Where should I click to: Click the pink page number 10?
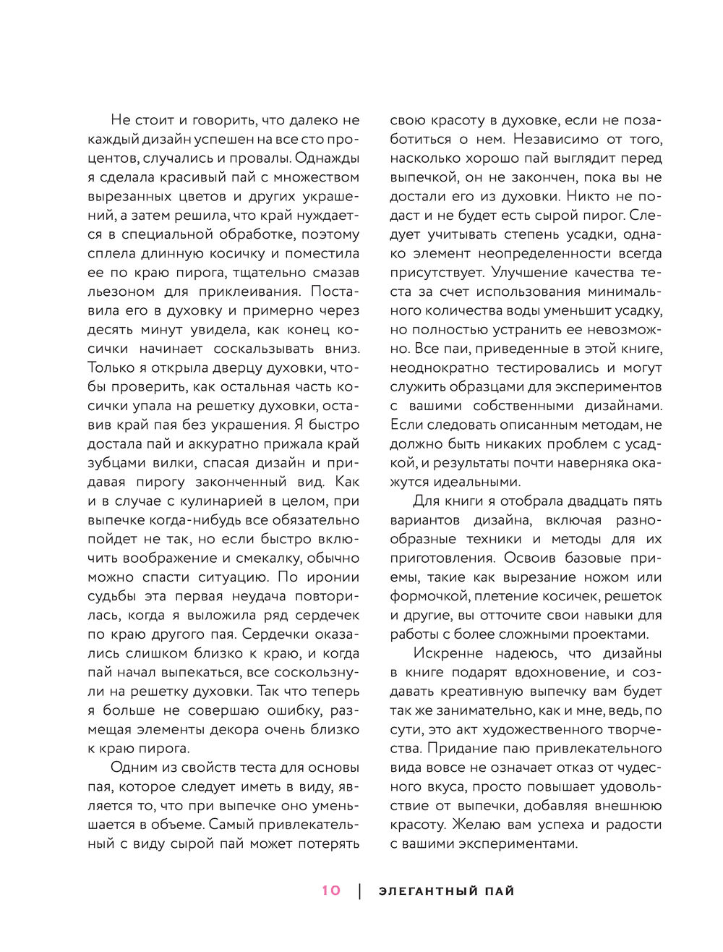(331, 891)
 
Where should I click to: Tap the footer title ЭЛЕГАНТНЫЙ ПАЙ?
(446, 891)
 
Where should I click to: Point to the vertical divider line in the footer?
(360, 891)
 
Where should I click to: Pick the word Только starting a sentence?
(110, 367)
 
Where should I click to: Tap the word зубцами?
(117, 463)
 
